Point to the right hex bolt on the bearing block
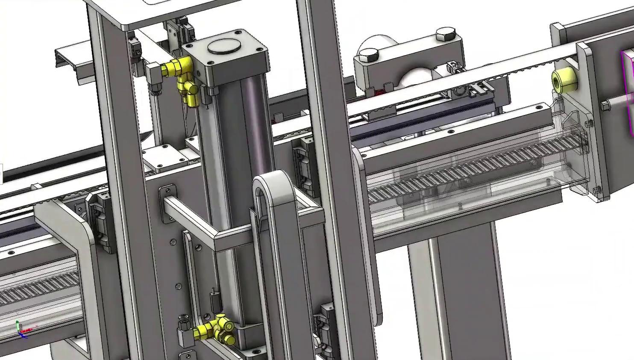(446, 35)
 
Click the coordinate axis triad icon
(21, 330)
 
